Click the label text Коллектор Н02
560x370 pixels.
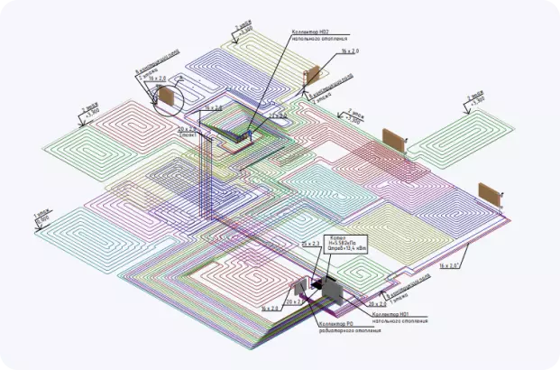point(310,32)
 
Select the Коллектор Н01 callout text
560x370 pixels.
point(400,315)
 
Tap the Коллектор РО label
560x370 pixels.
point(339,323)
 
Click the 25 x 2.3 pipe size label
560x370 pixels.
point(311,244)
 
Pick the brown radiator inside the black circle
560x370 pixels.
point(167,97)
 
